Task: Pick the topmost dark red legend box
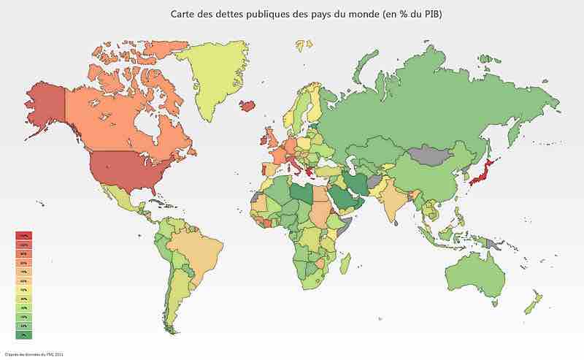click(x=23, y=236)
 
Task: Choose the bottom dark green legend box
click(x=23, y=334)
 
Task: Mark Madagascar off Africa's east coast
click(x=347, y=263)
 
